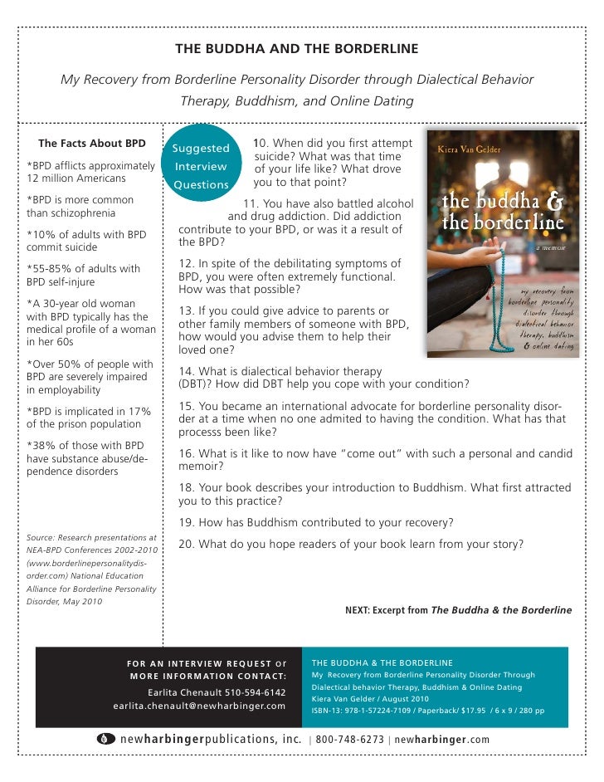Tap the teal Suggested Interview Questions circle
pyautogui.click(x=201, y=165)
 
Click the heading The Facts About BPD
pyautogui.click(x=92, y=143)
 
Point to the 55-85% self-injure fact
pyautogui.click(x=84, y=274)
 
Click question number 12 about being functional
pyautogui.click(x=290, y=276)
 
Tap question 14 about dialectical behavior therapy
pyautogui.click(x=324, y=377)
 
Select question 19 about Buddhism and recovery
pyautogui.click(x=316, y=522)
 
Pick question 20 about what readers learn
pyautogui.click(x=351, y=544)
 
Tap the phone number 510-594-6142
pyautogui.click(x=249, y=692)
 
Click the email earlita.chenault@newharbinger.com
pyautogui.click(x=199, y=706)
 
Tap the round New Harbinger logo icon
pyautogui.click(x=105, y=739)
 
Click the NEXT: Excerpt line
pyautogui.click(x=458, y=610)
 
